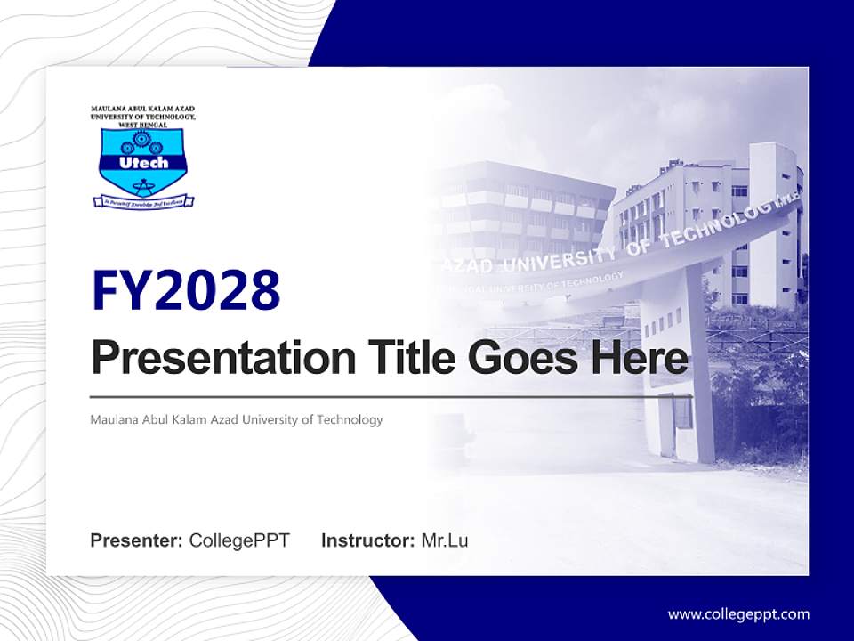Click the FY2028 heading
[x=186, y=290]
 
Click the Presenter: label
[x=136, y=540]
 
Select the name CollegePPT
[x=239, y=540]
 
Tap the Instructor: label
[x=367, y=540]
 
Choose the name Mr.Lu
[x=445, y=540]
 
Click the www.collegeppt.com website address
[x=738, y=614]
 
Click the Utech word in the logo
[x=142, y=163]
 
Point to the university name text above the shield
[x=142, y=117]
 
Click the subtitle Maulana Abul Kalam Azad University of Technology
[x=236, y=419]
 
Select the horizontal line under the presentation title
[x=391, y=396]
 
